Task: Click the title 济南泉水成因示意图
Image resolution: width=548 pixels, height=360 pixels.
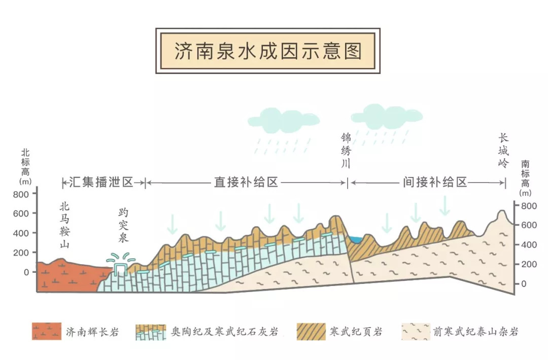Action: click(268, 51)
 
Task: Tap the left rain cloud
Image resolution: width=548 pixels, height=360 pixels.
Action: click(283, 120)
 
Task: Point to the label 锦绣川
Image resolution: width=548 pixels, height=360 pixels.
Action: click(347, 151)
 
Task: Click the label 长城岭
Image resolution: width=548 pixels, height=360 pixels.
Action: click(503, 151)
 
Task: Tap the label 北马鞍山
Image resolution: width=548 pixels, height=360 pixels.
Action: click(64, 225)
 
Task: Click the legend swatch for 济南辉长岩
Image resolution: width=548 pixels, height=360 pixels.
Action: click(46, 332)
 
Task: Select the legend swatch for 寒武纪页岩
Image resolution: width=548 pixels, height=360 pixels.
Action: click(312, 332)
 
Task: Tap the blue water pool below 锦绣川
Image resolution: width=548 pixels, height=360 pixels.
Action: click(354, 238)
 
